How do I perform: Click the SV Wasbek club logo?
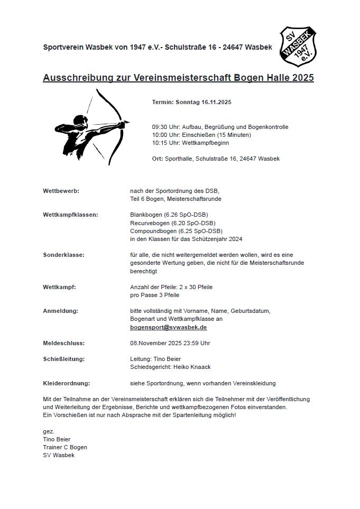(298, 47)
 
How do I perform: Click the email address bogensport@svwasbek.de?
(169, 327)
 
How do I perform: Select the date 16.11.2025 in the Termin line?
(216, 101)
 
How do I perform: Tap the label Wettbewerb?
(61, 191)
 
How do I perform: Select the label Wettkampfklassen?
(70, 215)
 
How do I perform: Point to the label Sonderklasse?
(63, 255)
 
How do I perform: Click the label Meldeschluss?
(63, 343)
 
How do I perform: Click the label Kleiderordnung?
(66, 383)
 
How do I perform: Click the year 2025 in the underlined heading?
(302, 78)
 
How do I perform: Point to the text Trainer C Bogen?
(65, 447)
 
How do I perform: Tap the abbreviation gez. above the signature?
(49, 431)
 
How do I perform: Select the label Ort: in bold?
(157, 159)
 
